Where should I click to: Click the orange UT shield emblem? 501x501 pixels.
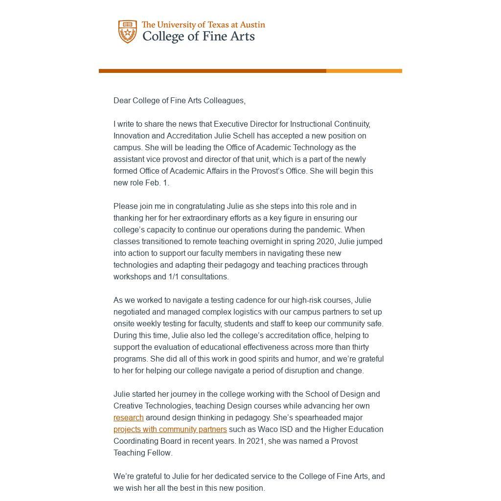pyautogui.click(x=127, y=32)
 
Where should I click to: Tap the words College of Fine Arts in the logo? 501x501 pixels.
pyautogui.click(x=198, y=37)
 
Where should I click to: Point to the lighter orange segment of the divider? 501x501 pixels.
pyautogui.click(x=364, y=71)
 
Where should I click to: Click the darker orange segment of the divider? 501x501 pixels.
pyautogui.click(x=212, y=71)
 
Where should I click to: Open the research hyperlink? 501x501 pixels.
pyautogui.click(x=128, y=417)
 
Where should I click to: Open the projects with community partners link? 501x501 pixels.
pyautogui.click(x=170, y=429)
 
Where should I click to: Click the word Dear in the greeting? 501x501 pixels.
pyautogui.click(x=122, y=100)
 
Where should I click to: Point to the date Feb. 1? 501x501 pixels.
pyautogui.click(x=157, y=182)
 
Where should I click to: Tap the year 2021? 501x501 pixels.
pyautogui.click(x=262, y=441)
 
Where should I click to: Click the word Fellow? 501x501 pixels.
pyautogui.click(x=159, y=453)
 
